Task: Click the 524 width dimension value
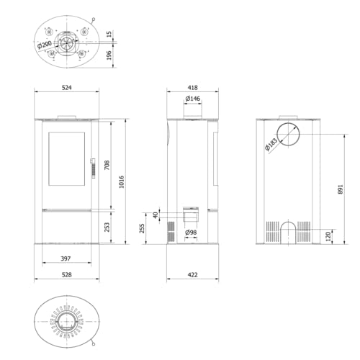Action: pos(67,88)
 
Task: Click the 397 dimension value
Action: pos(66,258)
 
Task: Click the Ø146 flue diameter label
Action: pos(192,98)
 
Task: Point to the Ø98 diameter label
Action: pos(191,232)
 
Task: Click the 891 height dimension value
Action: pos(341,189)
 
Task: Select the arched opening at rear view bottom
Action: pos(286,230)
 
